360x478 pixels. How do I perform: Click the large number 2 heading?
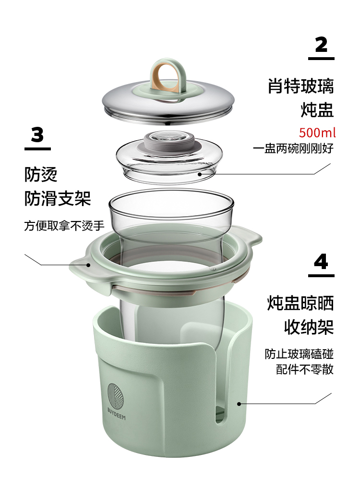point(321,45)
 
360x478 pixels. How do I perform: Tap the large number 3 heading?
point(37,135)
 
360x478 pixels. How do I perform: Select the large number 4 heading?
point(321,261)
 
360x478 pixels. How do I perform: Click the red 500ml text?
point(317,133)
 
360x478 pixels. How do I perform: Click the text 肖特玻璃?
point(300,86)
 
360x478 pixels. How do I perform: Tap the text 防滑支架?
point(58,198)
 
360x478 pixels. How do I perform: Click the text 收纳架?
point(309,327)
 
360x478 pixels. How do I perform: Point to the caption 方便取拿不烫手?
point(64,226)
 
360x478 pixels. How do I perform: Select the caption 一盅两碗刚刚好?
point(293,148)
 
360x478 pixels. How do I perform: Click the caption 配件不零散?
point(305,369)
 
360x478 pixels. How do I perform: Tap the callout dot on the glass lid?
point(200,174)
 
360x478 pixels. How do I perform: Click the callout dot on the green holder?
point(239,404)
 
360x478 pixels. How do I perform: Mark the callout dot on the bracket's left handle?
point(88,265)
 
